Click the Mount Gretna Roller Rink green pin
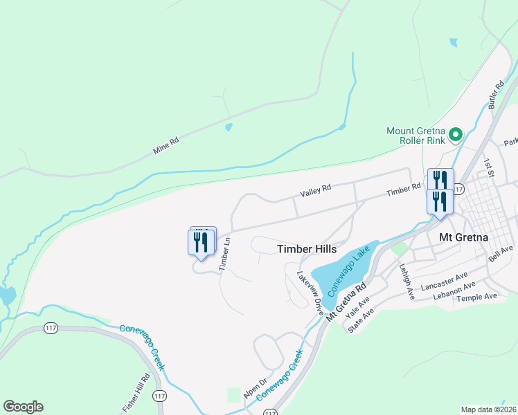456,134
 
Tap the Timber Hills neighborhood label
307,249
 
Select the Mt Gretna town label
464,237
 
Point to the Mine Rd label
166,145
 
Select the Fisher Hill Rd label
145,390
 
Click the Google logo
23,407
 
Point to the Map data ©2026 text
488,409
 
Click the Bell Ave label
501,253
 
